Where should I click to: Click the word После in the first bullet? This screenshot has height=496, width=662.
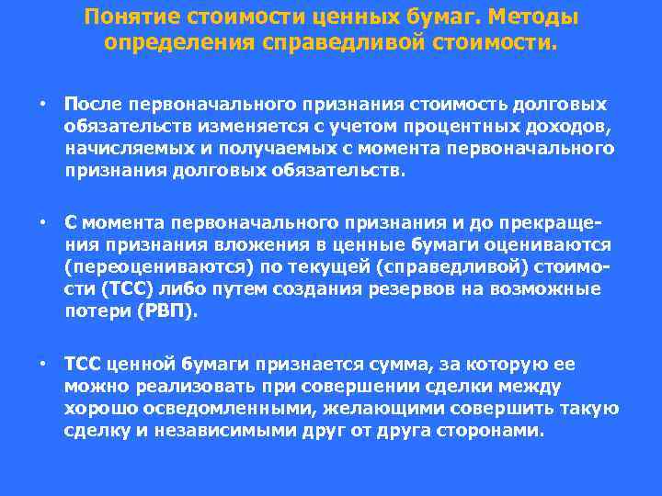93,104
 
